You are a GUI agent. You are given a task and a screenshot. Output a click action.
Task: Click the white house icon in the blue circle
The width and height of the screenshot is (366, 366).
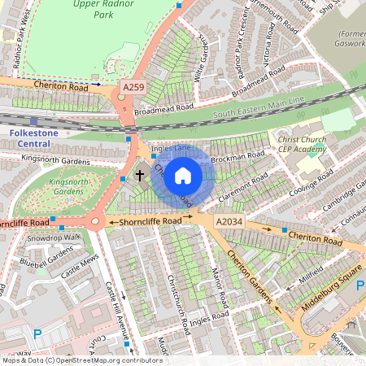(183, 175)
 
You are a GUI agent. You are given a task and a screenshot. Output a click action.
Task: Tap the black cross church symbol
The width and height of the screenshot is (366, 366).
(139, 175)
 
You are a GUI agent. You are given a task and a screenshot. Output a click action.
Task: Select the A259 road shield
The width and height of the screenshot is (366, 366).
(133, 85)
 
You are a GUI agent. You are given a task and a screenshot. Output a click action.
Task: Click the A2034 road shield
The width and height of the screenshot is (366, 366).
(231, 220)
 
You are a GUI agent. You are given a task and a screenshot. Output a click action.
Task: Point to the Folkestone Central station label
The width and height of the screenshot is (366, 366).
(36, 137)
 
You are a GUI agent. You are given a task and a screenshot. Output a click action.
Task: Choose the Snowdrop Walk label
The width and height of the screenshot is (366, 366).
(54, 237)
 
